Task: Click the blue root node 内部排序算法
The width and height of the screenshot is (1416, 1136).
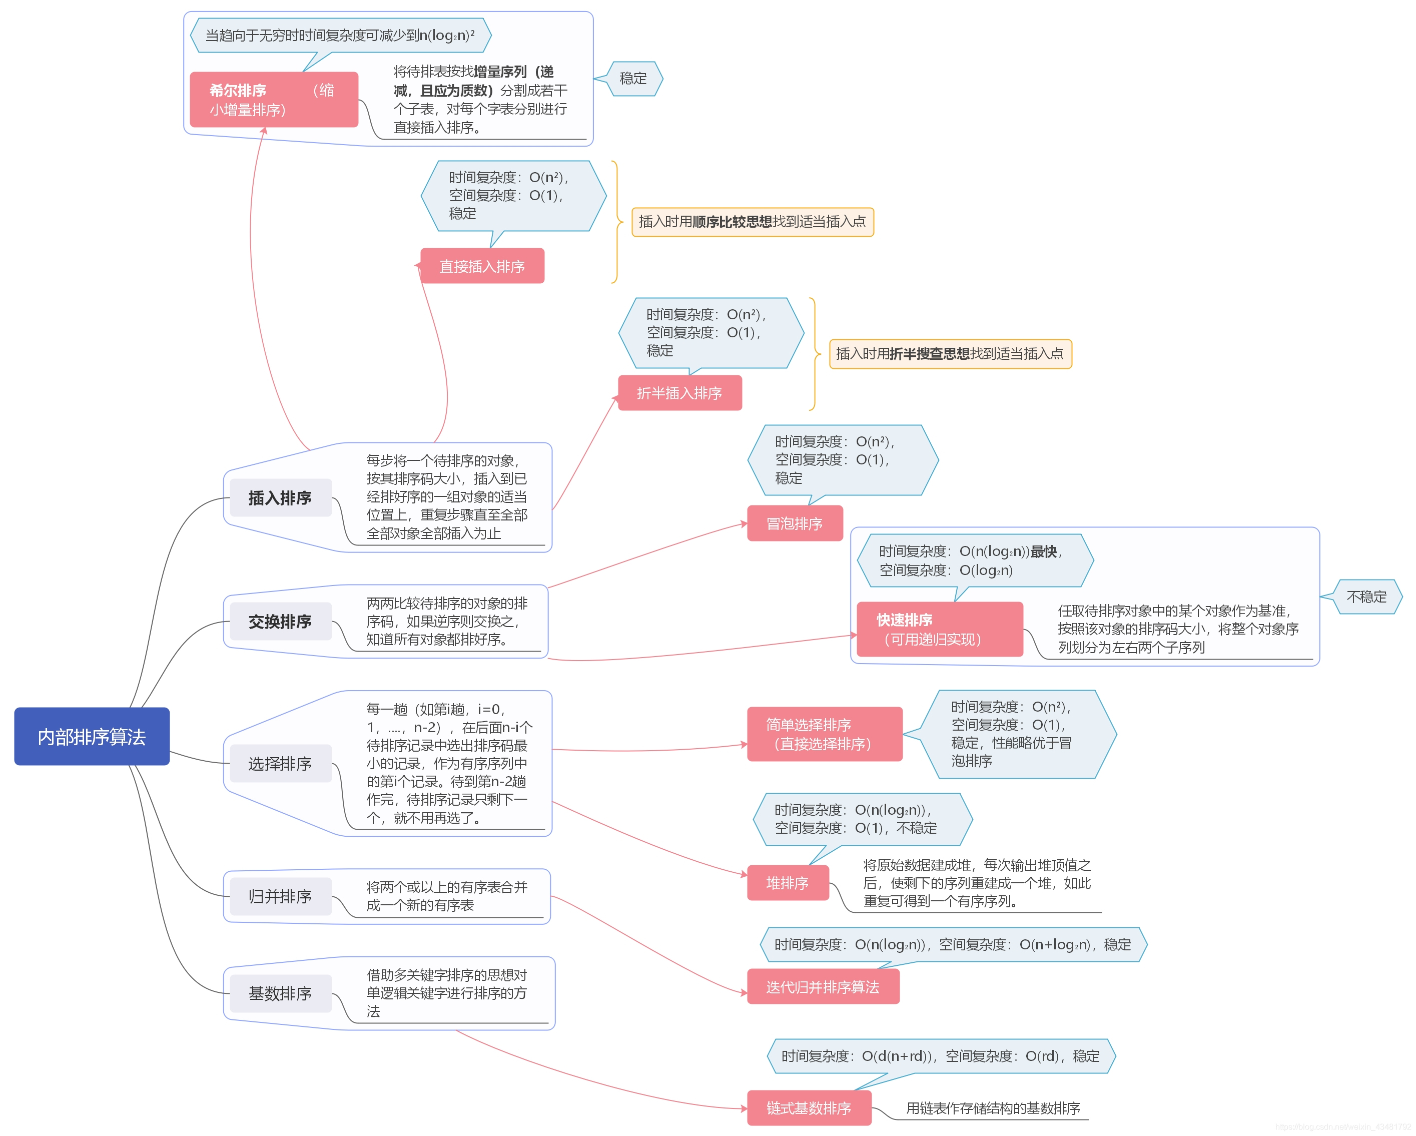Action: tap(92, 737)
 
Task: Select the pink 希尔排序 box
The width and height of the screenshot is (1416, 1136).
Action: tap(273, 100)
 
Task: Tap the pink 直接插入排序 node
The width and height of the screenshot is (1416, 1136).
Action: tap(482, 266)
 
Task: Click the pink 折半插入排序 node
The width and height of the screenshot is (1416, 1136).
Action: tap(680, 393)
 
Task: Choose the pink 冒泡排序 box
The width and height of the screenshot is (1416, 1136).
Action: tap(795, 523)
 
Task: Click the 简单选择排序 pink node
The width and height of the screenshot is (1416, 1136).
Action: tap(824, 734)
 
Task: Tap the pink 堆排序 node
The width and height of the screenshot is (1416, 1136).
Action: tap(788, 883)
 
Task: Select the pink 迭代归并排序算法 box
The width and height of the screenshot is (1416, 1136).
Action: tap(823, 987)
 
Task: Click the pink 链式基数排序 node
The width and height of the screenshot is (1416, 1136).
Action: tap(809, 1108)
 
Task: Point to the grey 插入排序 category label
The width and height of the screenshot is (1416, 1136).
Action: tap(280, 498)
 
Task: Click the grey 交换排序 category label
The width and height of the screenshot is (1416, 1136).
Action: tap(280, 622)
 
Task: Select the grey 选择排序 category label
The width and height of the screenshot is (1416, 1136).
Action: tap(280, 764)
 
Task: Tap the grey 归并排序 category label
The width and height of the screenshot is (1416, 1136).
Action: tap(280, 896)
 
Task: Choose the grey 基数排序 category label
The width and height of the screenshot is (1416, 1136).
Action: tap(280, 993)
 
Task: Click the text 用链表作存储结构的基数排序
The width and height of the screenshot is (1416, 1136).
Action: tap(992, 1108)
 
